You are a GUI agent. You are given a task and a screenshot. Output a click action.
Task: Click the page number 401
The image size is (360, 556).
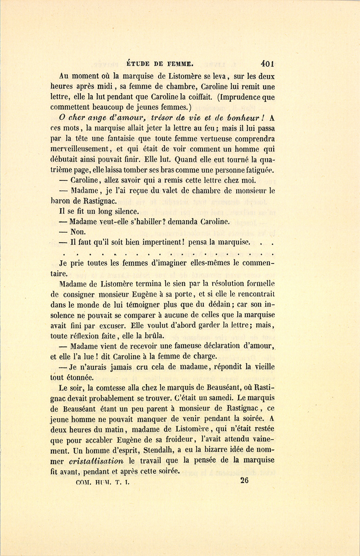point(267,63)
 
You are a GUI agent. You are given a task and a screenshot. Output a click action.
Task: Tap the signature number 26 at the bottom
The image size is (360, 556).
point(244,480)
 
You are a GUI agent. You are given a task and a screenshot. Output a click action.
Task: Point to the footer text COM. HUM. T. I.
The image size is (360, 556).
point(104,482)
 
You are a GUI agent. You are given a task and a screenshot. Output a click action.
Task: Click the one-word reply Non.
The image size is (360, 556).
point(78,232)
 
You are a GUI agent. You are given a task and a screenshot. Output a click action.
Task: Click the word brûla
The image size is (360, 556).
point(154,335)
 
